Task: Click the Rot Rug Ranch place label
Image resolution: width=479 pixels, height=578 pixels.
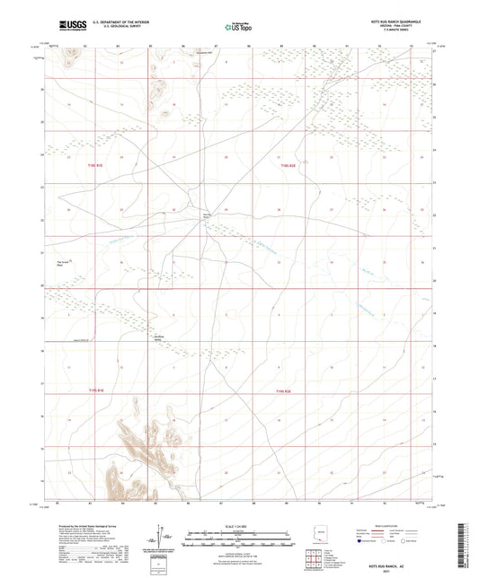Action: click(x=205, y=216)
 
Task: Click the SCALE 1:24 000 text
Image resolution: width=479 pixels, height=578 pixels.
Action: click(x=238, y=525)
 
